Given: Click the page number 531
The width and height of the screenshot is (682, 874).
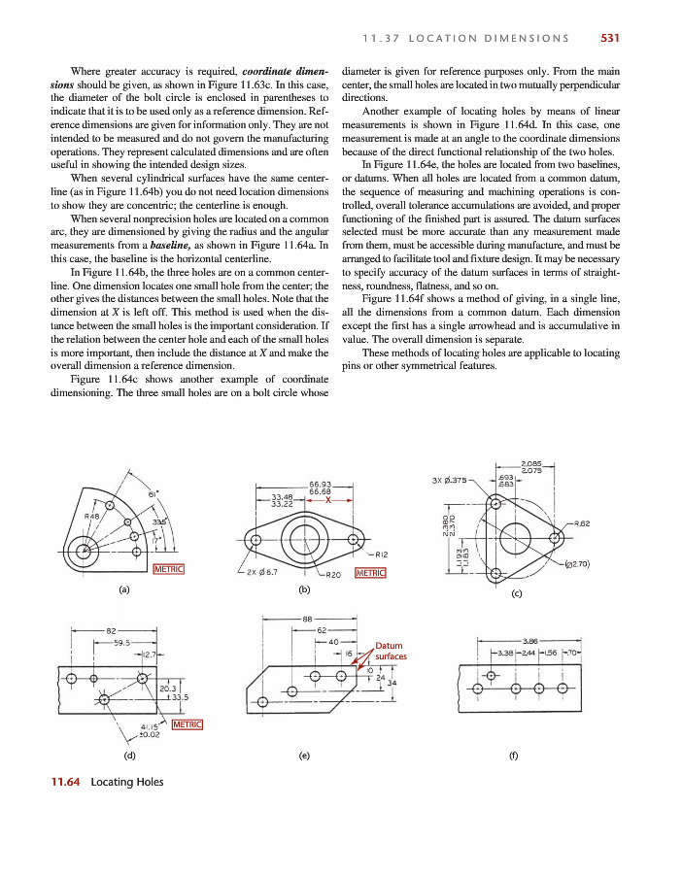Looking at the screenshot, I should coord(610,39).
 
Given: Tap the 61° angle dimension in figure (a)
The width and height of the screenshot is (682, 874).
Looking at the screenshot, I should coord(153,495).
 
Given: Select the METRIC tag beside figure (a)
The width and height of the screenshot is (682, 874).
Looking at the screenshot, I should coord(170,569).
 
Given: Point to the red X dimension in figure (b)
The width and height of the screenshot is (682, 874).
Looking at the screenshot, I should coord(329,501).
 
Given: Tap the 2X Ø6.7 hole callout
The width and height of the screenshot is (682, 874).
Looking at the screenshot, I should coord(260,572).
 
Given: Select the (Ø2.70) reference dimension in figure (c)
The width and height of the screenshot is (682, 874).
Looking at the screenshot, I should coord(580,564).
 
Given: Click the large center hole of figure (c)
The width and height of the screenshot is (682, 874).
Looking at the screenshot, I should coord(515,533).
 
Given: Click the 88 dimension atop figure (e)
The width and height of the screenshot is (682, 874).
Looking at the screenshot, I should coord(307,620).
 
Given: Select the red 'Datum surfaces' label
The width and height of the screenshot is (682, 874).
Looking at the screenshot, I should coord(391,651).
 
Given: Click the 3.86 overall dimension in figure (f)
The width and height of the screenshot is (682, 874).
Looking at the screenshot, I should coord(531,640).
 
